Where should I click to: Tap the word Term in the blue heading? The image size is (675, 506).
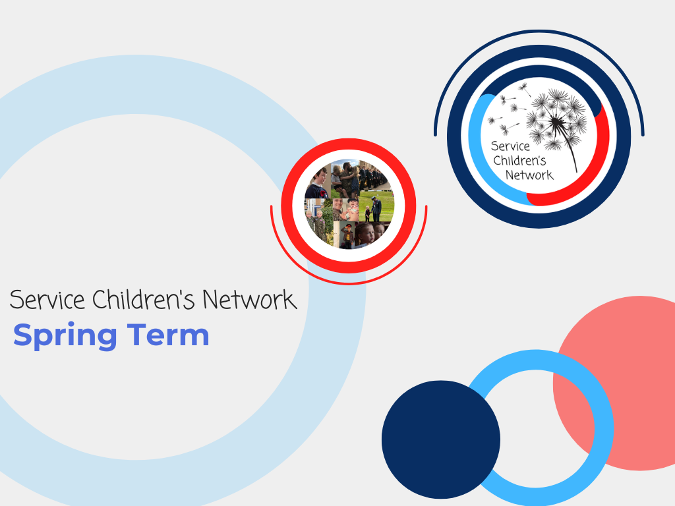coord(168,334)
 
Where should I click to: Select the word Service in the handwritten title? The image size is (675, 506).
coord(47,300)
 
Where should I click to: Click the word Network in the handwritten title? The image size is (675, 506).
coord(250,300)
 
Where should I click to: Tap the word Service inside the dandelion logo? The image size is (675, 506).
coord(511,146)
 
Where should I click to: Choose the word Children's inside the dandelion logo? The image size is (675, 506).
coord(519,161)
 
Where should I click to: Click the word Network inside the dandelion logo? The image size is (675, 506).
coord(529,175)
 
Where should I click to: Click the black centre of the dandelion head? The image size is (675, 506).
coord(556,123)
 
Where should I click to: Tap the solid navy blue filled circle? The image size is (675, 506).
coord(441,439)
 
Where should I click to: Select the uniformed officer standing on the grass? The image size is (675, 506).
coord(376,209)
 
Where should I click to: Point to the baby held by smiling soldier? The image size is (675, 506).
coord(353,210)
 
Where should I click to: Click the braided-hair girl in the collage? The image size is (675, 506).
coord(365,235)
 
